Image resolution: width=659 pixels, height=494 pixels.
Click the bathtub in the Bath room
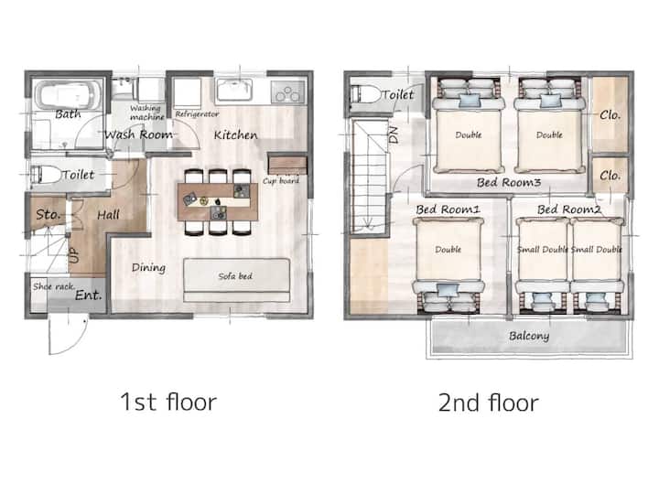(69, 95)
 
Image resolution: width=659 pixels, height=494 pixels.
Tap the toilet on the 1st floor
(47, 175)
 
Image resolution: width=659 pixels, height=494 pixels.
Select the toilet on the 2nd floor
(365, 94)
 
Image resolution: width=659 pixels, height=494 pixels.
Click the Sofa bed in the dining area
(237, 280)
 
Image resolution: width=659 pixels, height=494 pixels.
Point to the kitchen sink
(233, 90)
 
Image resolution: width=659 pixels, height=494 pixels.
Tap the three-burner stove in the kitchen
(288, 92)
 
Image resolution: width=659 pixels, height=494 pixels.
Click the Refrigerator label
(197, 113)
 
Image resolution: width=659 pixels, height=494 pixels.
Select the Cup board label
(281, 180)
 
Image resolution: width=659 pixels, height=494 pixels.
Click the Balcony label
(529, 336)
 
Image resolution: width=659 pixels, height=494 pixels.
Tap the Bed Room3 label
(509, 182)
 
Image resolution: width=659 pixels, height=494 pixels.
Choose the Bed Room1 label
(448, 209)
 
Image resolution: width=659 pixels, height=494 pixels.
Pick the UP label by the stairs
(73, 255)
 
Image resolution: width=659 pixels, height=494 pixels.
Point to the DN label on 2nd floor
(394, 135)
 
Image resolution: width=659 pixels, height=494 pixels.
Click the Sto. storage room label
(48, 215)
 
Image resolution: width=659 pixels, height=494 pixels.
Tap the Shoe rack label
(54, 286)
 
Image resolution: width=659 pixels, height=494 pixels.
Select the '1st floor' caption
(168, 402)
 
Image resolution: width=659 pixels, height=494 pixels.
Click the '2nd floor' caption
(489, 403)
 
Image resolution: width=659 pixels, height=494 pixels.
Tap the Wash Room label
(138, 134)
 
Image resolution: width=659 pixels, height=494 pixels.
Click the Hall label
(108, 215)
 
